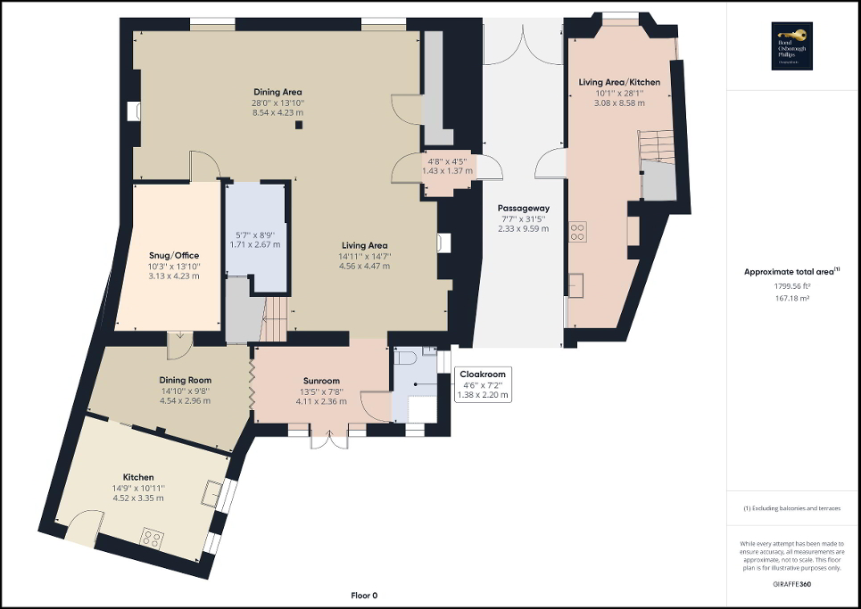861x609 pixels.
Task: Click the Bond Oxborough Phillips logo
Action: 793,46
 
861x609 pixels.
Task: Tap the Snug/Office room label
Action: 173,255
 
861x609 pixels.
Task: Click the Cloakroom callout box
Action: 481,384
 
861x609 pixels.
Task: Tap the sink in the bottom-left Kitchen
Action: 213,492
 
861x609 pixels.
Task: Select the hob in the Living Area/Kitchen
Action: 577,232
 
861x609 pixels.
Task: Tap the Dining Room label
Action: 186,380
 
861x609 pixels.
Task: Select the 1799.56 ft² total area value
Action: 792,286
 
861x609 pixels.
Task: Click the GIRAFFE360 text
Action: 792,583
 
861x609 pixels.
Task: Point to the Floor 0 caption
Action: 364,595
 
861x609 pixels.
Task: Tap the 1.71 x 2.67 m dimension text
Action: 255,243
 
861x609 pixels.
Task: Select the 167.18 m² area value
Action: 792,299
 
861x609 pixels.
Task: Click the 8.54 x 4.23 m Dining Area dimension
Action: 277,113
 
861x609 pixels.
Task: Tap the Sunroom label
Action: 320,381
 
